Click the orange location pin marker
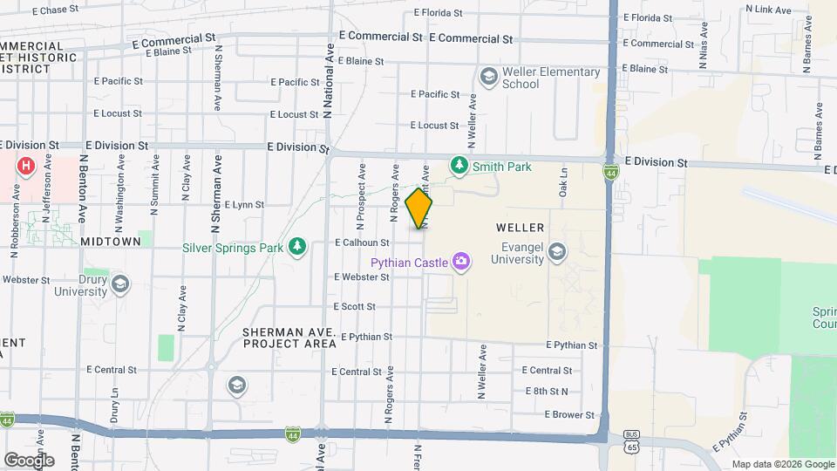(x=419, y=208)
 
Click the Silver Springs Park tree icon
(x=297, y=247)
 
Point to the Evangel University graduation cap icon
(x=557, y=253)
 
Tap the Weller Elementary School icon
(x=488, y=78)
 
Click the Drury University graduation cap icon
(x=119, y=284)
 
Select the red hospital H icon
(x=26, y=165)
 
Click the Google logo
(x=29, y=460)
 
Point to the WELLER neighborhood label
(x=521, y=227)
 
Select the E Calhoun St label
(x=362, y=243)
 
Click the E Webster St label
(x=362, y=276)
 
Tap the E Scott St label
(x=355, y=307)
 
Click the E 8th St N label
(x=547, y=392)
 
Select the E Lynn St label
(x=244, y=205)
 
